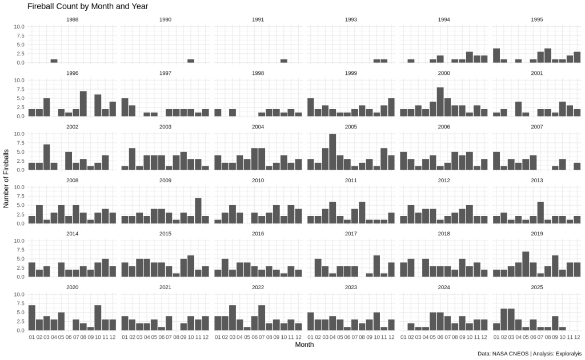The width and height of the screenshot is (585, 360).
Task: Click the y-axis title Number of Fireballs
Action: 6,178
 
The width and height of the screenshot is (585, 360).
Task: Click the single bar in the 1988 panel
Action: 54,61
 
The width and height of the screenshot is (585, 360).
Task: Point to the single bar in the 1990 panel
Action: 191,61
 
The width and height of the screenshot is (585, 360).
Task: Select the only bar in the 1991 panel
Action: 284,61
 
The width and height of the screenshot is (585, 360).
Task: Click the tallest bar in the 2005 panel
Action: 332,151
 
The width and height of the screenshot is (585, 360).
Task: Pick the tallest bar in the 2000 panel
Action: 440,102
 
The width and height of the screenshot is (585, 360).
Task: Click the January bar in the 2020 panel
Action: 32,318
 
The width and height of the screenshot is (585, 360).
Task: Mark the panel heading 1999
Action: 351,73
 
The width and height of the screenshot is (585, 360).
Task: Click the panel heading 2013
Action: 537,180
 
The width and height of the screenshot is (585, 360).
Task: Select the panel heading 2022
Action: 258,287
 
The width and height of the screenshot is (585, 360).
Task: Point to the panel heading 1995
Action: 537,19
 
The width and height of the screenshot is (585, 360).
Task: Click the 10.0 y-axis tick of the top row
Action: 18,27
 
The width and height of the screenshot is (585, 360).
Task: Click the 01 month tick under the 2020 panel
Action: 32,337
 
